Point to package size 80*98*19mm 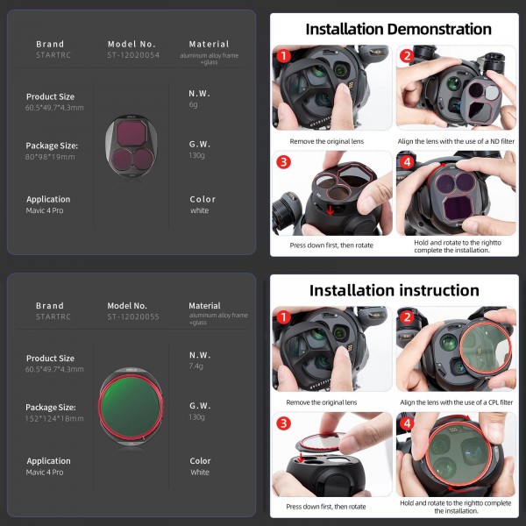50,157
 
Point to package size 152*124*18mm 55,419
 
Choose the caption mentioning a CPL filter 455,402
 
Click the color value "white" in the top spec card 199,211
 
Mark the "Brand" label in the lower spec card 50,306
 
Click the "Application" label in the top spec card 48,199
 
